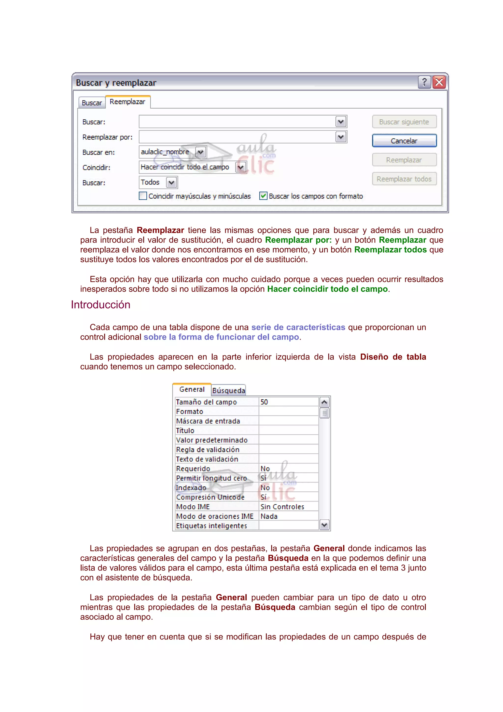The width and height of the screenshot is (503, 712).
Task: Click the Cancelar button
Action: [x=404, y=141]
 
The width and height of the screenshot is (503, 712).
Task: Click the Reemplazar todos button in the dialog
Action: [x=404, y=179]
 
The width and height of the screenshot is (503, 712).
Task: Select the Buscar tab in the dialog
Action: [x=92, y=103]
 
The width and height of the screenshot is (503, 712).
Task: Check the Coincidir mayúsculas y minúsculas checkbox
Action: [x=143, y=196]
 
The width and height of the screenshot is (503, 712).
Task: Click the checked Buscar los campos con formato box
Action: [x=263, y=196]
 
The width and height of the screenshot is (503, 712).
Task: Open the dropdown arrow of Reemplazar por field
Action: [x=341, y=137]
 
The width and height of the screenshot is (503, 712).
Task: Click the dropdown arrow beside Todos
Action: [x=172, y=183]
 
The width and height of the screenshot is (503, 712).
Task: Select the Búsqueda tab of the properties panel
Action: [x=229, y=390]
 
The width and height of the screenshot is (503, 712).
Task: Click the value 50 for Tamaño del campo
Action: [x=264, y=402]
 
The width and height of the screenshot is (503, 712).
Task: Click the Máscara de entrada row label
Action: [x=208, y=421]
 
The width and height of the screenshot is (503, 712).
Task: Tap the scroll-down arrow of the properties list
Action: [x=324, y=525]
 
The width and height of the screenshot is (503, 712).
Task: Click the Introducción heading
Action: [x=100, y=305]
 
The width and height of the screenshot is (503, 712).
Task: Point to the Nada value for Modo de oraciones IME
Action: [x=269, y=516]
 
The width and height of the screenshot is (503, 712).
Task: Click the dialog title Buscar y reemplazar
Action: [x=116, y=83]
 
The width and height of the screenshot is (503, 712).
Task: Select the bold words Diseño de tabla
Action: [x=393, y=357]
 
